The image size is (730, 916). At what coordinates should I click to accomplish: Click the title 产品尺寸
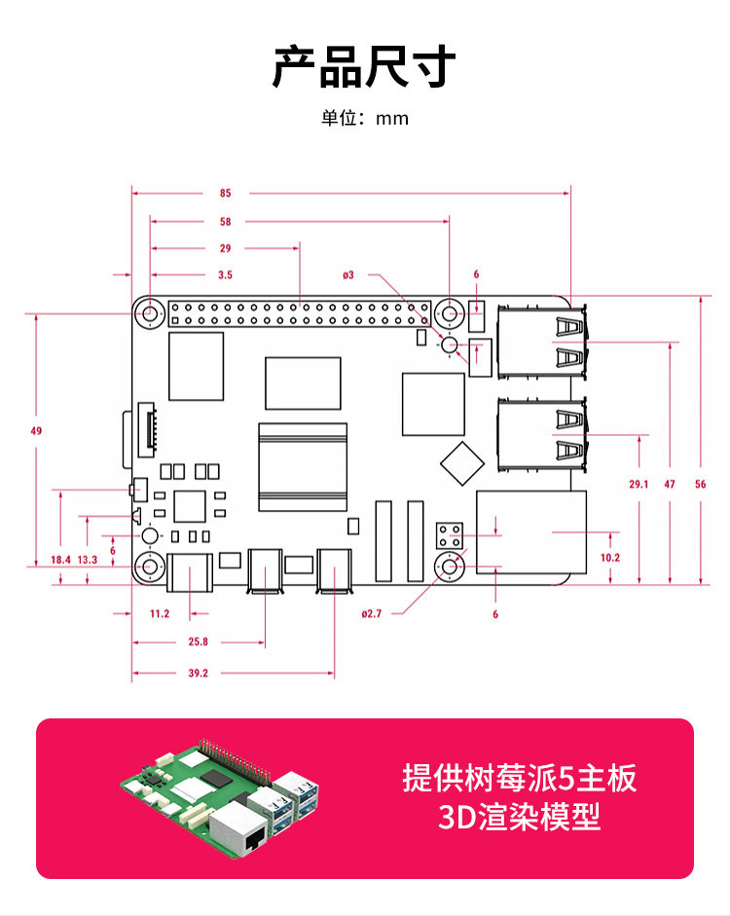click(364, 66)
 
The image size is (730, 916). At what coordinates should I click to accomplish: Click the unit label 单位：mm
click(365, 119)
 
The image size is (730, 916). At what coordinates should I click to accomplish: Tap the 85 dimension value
click(226, 193)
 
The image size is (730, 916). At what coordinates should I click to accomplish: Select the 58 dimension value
click(226, 221)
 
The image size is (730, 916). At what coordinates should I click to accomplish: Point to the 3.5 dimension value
click(225, 275)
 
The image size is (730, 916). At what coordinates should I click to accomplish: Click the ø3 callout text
click(348, 275)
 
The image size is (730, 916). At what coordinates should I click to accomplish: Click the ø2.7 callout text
click(371, 613)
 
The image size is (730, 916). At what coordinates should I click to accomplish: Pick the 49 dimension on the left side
click(37, 429)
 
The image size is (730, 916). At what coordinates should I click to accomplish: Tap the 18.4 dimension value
click(60, 559)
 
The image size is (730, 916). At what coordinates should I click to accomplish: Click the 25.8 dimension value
click(198, 641)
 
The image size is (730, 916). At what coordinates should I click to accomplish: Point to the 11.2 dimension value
click(160, 613)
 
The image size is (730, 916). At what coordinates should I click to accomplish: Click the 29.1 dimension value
click(639, 484)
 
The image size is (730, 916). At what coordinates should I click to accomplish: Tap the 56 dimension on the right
click(700, 484)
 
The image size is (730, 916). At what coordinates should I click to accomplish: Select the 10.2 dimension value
click(610, 558)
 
